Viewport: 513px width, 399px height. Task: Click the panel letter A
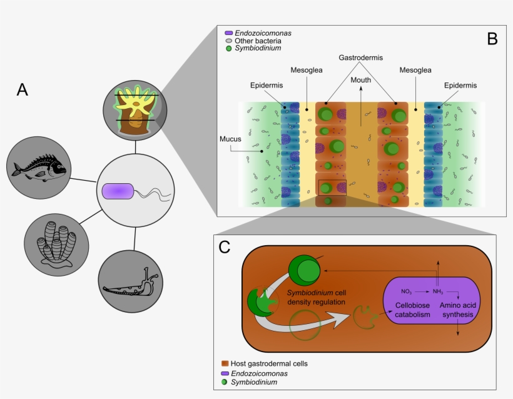(23, 90)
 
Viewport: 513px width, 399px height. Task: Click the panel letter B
(492, 39)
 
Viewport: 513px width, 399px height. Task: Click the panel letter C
(225, 247)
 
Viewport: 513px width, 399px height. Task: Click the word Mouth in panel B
(360, 79)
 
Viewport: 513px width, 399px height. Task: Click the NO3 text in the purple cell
(407, 291)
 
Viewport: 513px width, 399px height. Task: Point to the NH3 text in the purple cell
(437, 291)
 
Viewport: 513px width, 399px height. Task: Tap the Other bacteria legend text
(256, 40)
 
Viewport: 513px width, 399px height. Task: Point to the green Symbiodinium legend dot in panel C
(225, 381)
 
